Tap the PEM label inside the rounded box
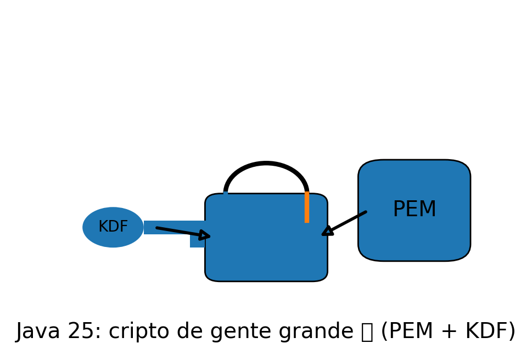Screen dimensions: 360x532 pyautogui.click(x=415, y=210)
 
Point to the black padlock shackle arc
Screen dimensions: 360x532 pyautogui.click(x=266, y=164)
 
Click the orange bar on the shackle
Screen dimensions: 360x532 pyautogui.click(x=307, y=207)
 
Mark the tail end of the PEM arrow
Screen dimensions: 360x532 pyautogui.click(x=365, y=212)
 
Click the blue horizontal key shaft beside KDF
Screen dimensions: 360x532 pyautogui.click(x=170, y=223)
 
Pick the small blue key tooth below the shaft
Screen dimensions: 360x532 pyautogui.click(x=197, y=241)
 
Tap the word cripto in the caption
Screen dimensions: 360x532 pyautogui.click(x=138, y=332)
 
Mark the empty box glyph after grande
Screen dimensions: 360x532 pyautogui.click(x=367, y=332)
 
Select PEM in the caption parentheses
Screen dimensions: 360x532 pyautogui.click(x=407, y=332)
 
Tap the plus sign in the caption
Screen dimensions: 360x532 pyautogui.click(x=448, y=332)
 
